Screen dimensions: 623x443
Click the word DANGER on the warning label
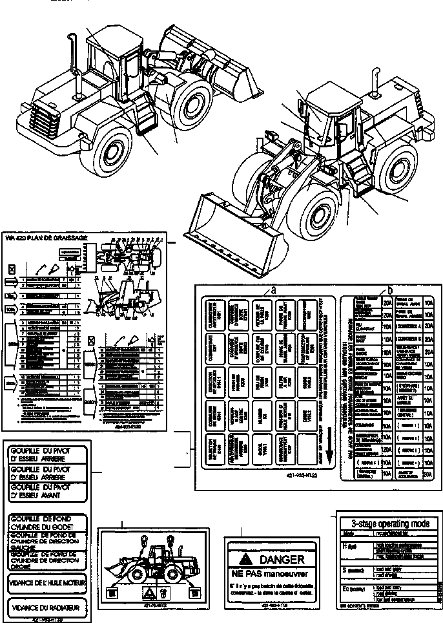pos(281,560)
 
